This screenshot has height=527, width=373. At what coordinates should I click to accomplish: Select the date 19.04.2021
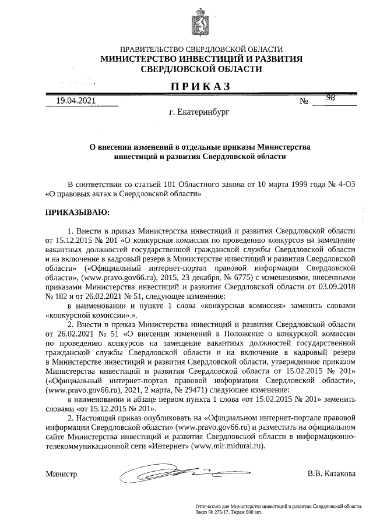point(75,101)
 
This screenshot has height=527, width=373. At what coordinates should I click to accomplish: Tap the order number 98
point(330,98)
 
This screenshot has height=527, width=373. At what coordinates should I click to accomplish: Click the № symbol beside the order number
point(303,101)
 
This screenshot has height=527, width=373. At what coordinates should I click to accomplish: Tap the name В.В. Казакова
point(331,473)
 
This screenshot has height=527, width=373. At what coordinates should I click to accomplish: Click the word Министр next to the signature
point(61,474)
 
